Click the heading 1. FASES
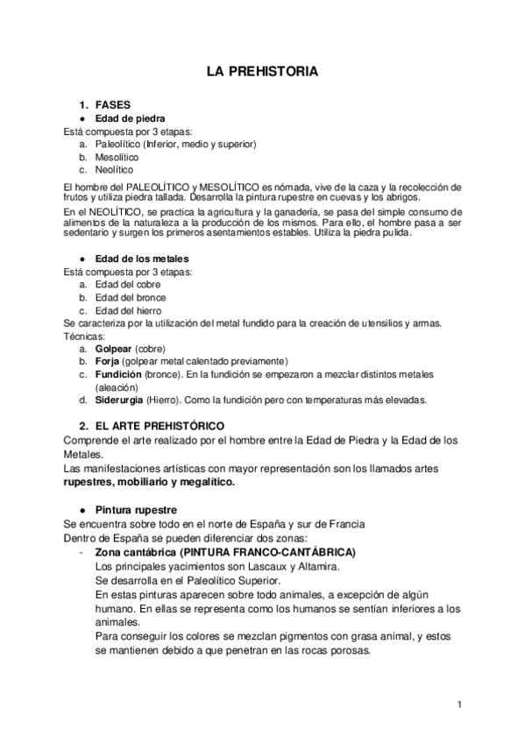113,104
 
